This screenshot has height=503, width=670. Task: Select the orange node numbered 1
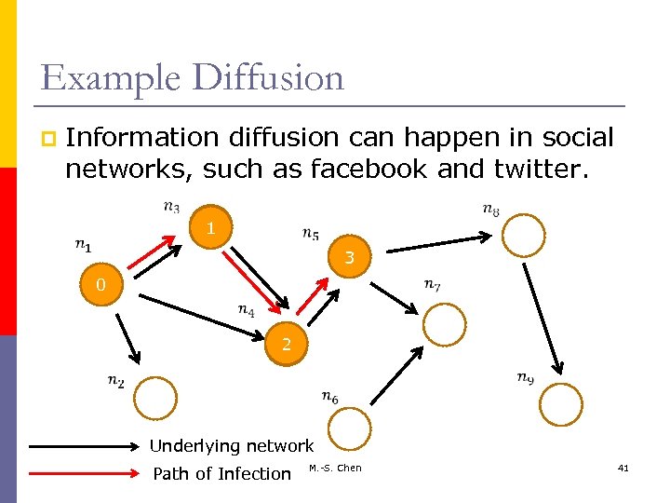click(x=211, y=228)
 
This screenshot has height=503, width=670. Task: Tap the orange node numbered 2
click(x=287, y=345)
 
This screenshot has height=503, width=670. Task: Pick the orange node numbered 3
click(x=349, y=257)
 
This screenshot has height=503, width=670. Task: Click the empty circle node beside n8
click(x=526, y=235)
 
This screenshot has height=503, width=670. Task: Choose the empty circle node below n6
click(x=350, y=428)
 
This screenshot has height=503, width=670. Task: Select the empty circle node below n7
click(x=445, y=324)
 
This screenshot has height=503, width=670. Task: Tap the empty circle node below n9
click(x=561, y=404)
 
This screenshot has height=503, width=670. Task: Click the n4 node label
click(x=247, y=310)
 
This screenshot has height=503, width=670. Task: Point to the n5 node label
click(x=312, y=233)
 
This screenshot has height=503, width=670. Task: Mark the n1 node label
click(x=84, y=246)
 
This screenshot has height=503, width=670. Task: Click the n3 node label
click(x=172, y=207)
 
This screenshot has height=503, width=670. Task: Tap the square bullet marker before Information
click(x=47, y=139)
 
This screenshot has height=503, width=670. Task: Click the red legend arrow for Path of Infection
click(x=82, y=473)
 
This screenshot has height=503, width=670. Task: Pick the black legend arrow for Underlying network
click(x=82, y=446)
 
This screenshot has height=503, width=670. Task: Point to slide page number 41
click(x=623, y=468)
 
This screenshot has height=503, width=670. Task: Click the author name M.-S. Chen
click(x=335, y=468)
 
